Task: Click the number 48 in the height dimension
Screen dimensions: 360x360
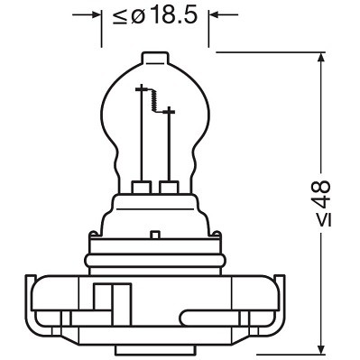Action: click(x=321, y=192)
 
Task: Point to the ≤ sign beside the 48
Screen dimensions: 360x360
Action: click(x=322, y=220)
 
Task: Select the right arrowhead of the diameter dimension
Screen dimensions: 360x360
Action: click(x=215, y=15)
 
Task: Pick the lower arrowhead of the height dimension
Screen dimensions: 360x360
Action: click(x=322, y=346)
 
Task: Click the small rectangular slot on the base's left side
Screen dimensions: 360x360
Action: click(x=103, y=298)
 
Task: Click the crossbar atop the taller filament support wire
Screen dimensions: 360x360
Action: click(x=140, y=90)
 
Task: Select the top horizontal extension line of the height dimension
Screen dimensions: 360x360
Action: click(x=271, y=52)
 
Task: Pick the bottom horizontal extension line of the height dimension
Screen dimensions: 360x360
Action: click(x=271, y=353)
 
